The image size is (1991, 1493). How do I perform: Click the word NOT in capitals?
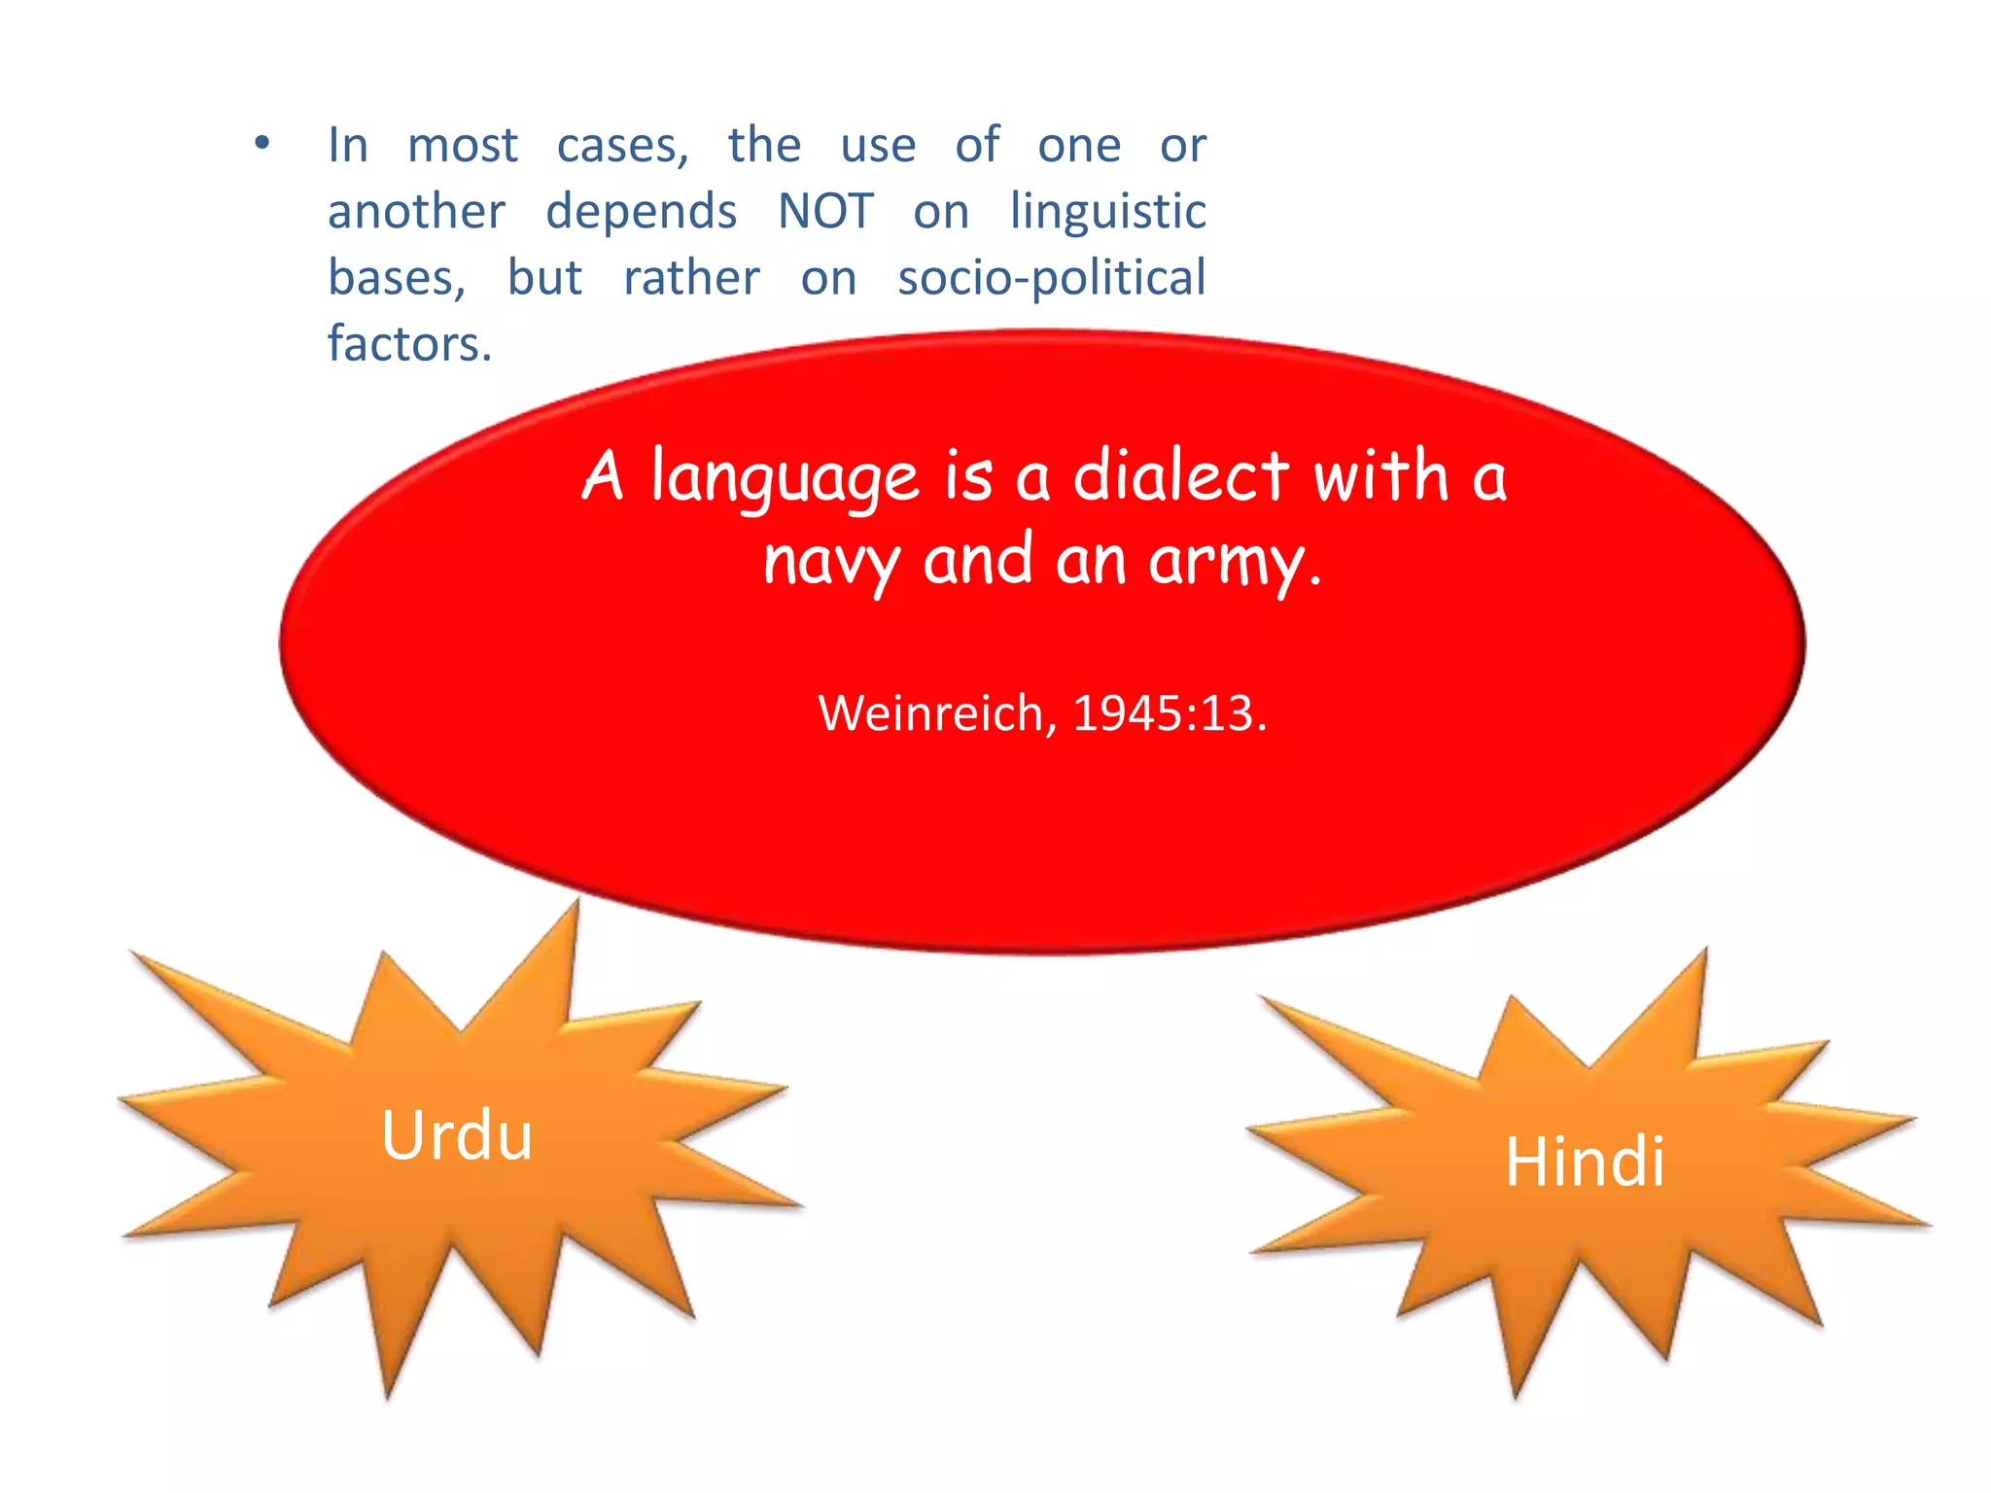click(x=825, y=212)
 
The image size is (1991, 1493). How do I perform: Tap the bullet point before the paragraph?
click(x=262, y=145)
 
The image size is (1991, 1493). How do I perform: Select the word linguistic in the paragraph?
click(x=1107, y=212)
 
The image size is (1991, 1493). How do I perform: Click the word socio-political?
click(x=1051, y=278)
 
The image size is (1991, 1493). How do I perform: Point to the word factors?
click(x=409, y=344)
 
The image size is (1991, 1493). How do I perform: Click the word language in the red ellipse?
click(x=784, y=478)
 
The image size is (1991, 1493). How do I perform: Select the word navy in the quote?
click(x=830, y=562)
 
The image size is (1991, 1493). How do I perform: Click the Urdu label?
click(x=457, y=1135)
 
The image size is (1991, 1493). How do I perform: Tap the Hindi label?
click(x=1584, y=1162)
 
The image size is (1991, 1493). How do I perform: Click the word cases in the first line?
click(x=620, y=147)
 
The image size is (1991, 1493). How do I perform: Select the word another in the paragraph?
click(x=416, y=212)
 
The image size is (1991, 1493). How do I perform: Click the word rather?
click(x=691, y=278)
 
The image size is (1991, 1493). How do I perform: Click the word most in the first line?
click(x=462, y=147)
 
